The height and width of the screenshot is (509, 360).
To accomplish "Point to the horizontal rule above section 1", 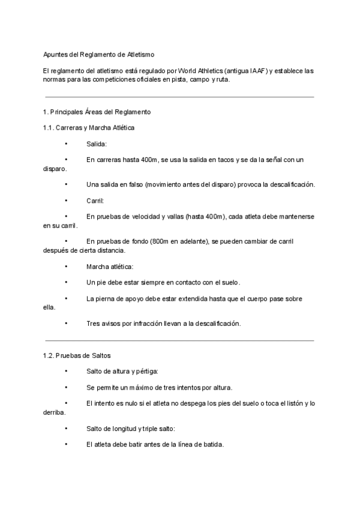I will coord(179,97).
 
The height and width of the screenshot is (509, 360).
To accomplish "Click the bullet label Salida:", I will coord(97,144).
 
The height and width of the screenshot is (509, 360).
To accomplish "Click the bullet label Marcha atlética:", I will coord(110,266).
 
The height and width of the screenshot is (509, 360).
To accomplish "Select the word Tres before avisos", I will coord(94,323).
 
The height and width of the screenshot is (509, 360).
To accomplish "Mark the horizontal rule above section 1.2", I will coord(179,340).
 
